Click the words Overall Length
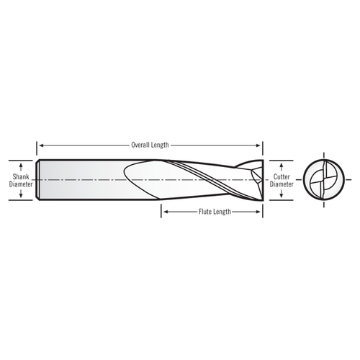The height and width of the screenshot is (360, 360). pos(150,145)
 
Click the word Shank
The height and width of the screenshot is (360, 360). pos(20,175)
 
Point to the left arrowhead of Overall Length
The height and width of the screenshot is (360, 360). pos(40,145)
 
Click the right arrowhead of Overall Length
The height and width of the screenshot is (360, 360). pos(260,145)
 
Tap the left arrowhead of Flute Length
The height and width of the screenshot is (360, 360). pos(163,212)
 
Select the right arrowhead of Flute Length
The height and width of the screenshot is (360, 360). pos(260,212)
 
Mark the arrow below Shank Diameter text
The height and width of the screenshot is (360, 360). pos(20,194)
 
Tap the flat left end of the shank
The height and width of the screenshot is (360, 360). pos(38,179)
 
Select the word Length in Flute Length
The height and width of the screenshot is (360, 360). pos(222,212)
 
